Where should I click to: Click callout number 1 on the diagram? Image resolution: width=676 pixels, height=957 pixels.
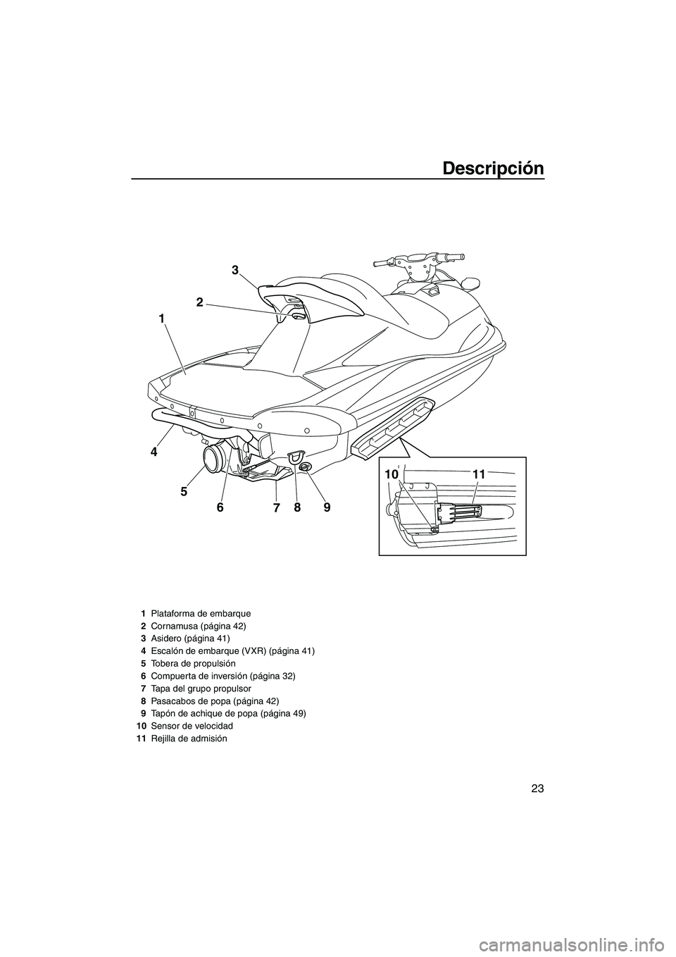[161, 319]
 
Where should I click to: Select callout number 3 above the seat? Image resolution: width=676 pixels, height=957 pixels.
[235, 270]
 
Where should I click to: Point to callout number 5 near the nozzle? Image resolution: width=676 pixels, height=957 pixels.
[184, 493]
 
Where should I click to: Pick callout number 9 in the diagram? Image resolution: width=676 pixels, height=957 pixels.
[327, 507]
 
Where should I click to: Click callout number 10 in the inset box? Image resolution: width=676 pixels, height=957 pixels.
[392, 476]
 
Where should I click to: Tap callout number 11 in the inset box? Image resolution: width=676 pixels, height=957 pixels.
[479, 476]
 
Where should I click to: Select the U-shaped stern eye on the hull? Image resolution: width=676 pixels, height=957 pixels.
[296, 459]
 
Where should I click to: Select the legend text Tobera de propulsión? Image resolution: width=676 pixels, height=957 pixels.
[190, 663]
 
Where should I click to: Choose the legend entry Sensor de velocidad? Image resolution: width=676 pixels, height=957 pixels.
[188, 725]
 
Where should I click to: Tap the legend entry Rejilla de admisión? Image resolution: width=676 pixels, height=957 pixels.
[189, 738]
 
